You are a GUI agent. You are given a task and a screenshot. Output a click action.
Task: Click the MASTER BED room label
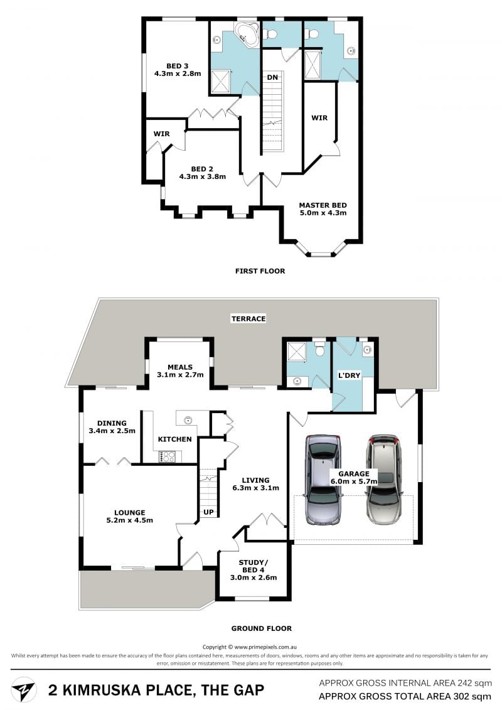coord(323,205)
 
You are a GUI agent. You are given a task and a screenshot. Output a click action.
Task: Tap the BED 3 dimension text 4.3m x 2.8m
coord(178,73)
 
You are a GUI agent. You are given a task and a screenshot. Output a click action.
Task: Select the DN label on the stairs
coord(272,77)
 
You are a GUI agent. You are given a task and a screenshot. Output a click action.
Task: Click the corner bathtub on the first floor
coord(246,34)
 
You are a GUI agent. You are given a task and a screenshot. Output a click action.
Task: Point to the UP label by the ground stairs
coord(209,512)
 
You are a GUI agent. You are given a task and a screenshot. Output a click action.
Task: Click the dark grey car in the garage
coord(323,479)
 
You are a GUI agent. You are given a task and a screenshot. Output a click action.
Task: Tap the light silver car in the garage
coord(384,480)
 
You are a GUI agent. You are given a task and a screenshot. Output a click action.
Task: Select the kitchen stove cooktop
coord(167,456)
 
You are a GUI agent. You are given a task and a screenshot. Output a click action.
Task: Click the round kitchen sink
coord(188,420)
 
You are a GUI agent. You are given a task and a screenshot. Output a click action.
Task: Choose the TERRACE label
coord(248,319)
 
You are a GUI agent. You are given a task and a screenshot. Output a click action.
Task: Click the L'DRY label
coord(349,375)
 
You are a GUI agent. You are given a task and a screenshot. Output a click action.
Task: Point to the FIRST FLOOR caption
coord(260,271)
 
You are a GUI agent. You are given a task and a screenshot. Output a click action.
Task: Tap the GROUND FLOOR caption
coord(262,628)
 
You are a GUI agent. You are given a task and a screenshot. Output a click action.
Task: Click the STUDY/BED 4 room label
coord(254,566)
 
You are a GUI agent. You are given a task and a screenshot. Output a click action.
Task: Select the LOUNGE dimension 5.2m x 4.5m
coord(129,520)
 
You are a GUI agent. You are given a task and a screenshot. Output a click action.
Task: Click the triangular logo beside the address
coord(24,689)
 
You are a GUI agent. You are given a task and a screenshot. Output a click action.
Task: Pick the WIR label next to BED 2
coord(162,134)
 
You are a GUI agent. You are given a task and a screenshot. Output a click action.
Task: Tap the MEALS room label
coord(180,367)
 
